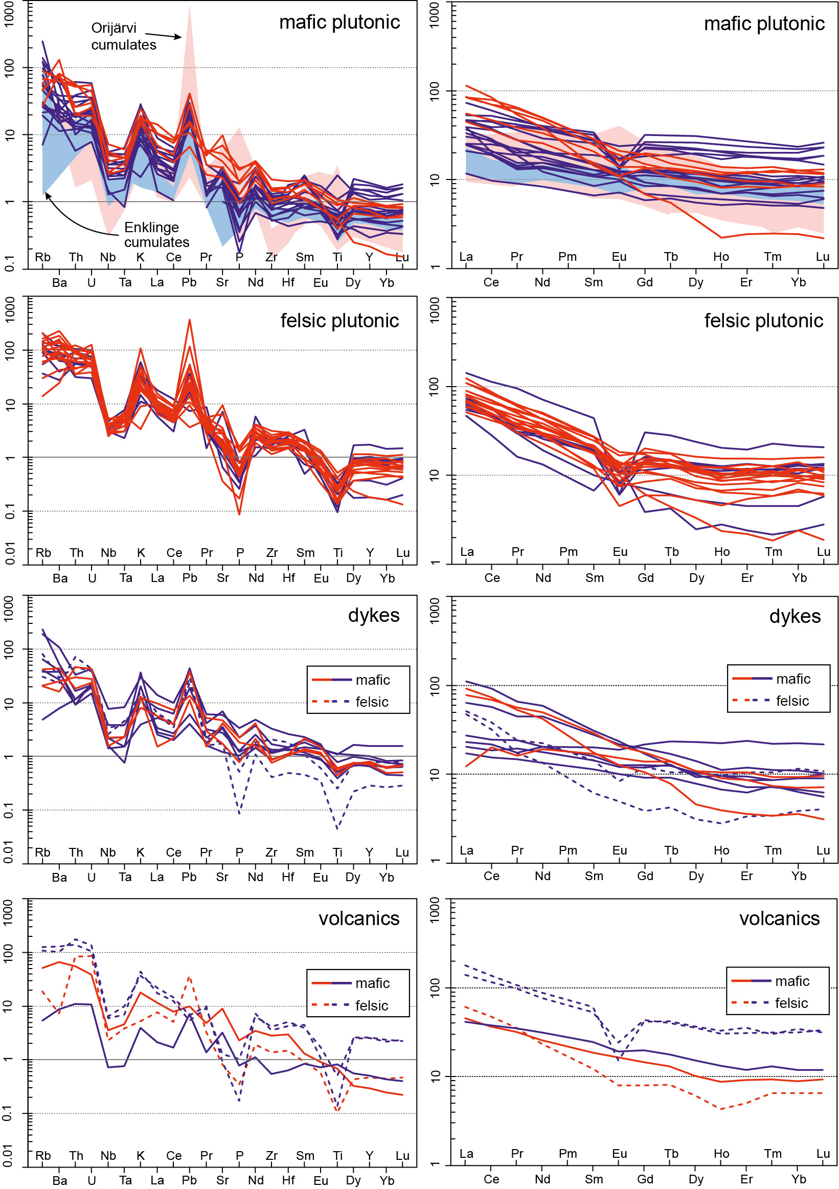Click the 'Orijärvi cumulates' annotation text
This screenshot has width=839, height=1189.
tap(123, 36)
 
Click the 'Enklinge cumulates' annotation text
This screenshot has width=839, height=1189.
tap(156, 235)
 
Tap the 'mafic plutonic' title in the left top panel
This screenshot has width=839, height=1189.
tap(339, 23)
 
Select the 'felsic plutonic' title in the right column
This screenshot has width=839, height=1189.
tap(763, 321)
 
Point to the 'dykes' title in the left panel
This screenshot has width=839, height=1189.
tap(373, 615)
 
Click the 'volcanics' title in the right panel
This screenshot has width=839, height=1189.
tap(779, 918)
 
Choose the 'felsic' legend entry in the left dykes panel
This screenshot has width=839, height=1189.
tap(372, 702)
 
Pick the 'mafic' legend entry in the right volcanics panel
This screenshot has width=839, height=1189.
tap(792, 981)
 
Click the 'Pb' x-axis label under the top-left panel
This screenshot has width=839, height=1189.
tap(189, 283)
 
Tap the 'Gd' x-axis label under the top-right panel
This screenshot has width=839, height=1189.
tap(644, 283)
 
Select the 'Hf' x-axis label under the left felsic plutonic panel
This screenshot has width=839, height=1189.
tap(288, 578)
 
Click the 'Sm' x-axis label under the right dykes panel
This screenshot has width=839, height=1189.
tap(594, 876)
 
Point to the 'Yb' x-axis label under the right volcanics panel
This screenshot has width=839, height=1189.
tap(798, 1180)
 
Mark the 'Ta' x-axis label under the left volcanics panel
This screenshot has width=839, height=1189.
tap(125, 1180)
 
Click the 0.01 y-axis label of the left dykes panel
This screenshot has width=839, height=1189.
tap(9, 853)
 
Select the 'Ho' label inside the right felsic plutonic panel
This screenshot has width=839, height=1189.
tap(721, 552)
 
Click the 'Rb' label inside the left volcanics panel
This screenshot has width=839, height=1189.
tap(43, 1156)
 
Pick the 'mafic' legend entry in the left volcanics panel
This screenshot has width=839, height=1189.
tap(372, 983)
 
